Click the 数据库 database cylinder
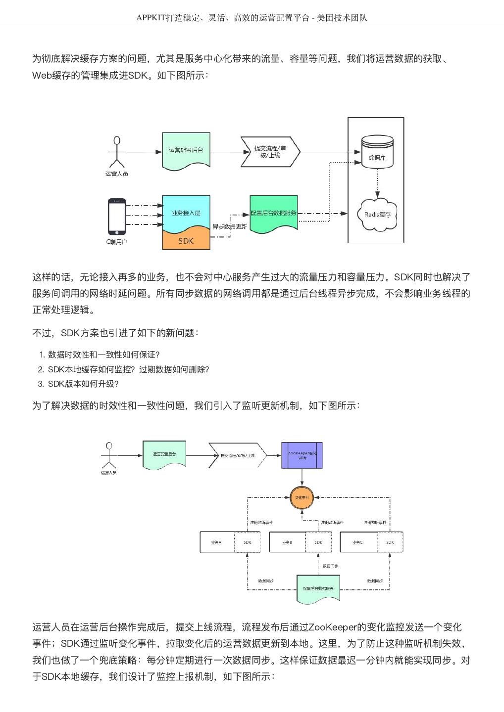pos(377,152)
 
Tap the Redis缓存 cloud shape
pos(378,215)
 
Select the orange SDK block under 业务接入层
pos(186,241)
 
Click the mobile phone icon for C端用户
pos(117,217)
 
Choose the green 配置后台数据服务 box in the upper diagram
pos(273,214)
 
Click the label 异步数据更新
pos(230,226)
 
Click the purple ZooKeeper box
pos(302,455)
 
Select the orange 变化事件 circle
pos(302,497)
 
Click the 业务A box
pos(216,542)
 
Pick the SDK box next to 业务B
pos(318,542)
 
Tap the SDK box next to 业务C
pos(390,542)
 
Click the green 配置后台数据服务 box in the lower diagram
pos(318,588)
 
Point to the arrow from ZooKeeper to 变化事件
pos(302,477)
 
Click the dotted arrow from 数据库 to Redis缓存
pos(378,183)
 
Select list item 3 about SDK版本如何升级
pos(83,384)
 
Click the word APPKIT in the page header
pos(152,18)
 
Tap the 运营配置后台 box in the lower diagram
pos(164,454)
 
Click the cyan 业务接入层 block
pos(186,213)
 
